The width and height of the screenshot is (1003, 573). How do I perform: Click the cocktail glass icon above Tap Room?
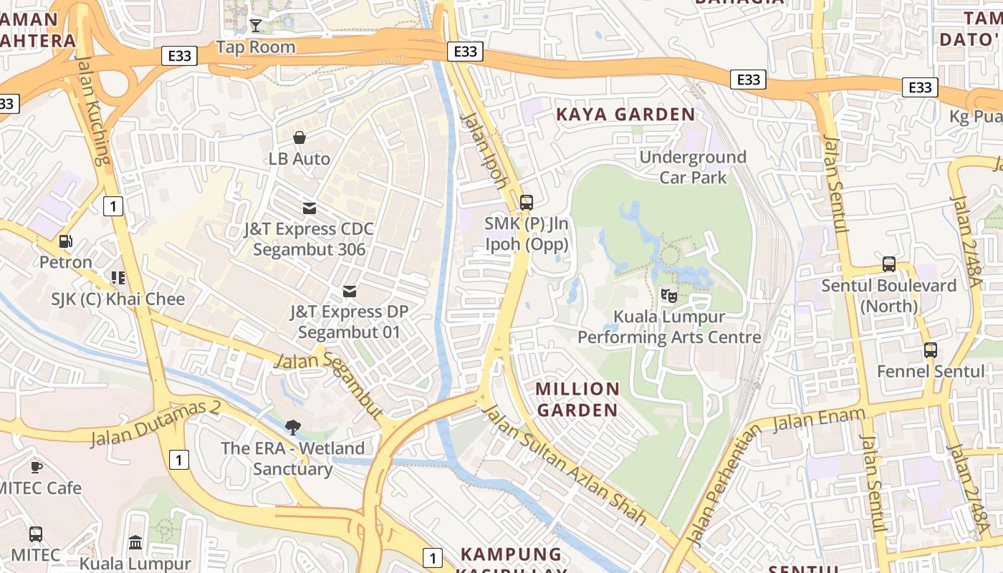pos(255,26)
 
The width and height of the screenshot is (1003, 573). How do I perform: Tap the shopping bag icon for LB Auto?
pos(299,137)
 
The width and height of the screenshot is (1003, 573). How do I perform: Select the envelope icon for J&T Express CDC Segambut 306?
pos(309,208)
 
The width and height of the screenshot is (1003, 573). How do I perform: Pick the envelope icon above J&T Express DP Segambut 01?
pos(350,291)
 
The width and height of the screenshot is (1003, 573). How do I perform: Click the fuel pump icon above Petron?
pos(65,241)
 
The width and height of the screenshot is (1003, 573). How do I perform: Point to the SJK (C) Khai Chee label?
pos(118,299)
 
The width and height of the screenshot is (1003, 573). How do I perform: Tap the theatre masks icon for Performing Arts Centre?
pos(668,294)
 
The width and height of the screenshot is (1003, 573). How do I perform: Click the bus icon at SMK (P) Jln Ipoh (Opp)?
pos(527,202)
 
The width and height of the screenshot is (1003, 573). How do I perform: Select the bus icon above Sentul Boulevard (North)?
pos(889,264)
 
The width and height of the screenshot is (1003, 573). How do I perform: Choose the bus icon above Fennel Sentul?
pos(931,350)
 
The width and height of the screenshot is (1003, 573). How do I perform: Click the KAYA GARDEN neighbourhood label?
pos(625,115)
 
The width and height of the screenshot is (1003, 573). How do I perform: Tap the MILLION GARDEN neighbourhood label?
pos(577,400)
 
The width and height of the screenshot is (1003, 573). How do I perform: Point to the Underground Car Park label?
pos(693,167)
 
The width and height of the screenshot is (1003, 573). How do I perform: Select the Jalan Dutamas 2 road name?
pos(155,423)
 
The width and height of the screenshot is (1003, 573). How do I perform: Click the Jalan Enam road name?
pos(810,420)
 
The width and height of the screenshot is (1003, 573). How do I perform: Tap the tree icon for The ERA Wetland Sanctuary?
pos(292,428)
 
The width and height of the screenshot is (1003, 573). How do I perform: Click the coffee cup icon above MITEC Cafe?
pos(36,467)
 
